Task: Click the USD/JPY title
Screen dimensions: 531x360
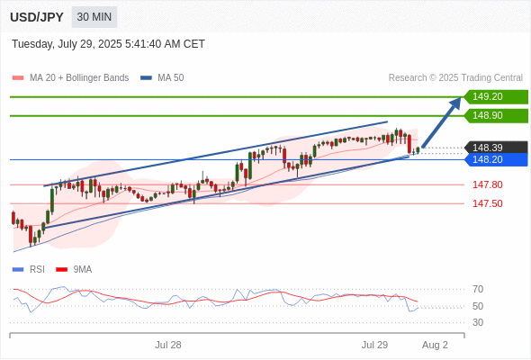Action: pyautogui.click(x=37, y=17)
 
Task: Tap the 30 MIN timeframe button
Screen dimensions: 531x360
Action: pyautogui.click(x=94, y=17)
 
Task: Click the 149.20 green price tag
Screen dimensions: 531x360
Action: pyautogui.click(x=496, y=96)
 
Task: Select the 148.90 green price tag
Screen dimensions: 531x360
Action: pyautogui.click(x=496, y=115)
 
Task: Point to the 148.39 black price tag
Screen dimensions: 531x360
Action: pyautogui.click(x=496, y=148)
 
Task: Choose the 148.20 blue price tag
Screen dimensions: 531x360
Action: pyautogui.click(x=496, y=159)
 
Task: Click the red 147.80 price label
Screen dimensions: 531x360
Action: pyautogui.click(x=488, y=184)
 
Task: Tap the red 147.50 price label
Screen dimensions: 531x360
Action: pyautogui.click(x=488, y=203)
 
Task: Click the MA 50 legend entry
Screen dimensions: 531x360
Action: pyautogui.click(x=162, y=78)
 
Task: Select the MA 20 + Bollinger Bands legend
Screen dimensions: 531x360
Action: pyautogui.click(x=70, y=78)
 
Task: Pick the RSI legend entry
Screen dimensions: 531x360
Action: pyautogui.click(x=29, y=270)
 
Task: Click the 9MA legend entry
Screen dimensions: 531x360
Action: pyautogui.click(x=74, y=270)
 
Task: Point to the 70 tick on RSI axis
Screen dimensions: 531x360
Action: pyautogui.click(x=478, y=289)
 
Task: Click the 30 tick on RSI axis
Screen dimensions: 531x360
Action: pyautogui.click(x=478, y=322)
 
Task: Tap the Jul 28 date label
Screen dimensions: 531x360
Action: pyautogui.click(x=168, y=345)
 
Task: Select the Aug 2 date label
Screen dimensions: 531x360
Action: pyautogui.click(x=435, y=345)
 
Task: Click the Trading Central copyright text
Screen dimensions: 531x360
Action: pyautogui.click(x=455, y=78)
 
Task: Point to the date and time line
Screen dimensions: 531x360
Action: pyautogui.click(x=108, y=44)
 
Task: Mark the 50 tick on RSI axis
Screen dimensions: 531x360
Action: pyautogui.click(x=478, y=306)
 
